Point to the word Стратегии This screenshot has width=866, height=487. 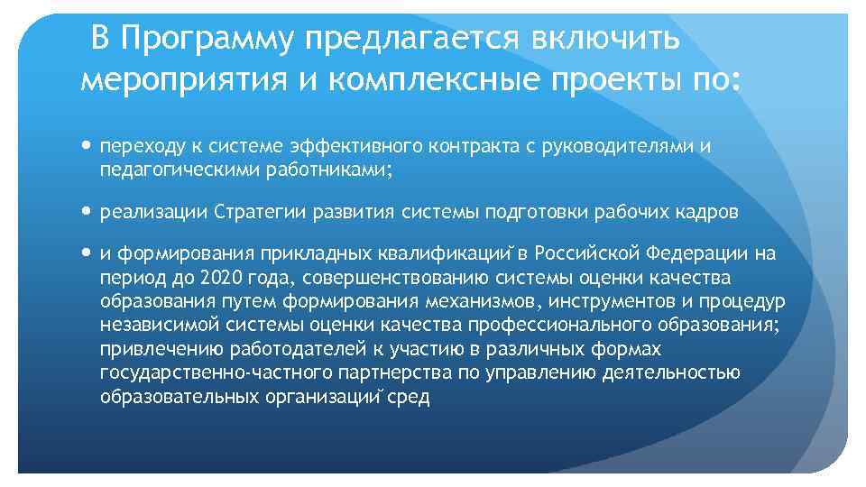[x=252, y=212]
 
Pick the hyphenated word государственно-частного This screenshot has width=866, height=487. [x=198, y=372]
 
